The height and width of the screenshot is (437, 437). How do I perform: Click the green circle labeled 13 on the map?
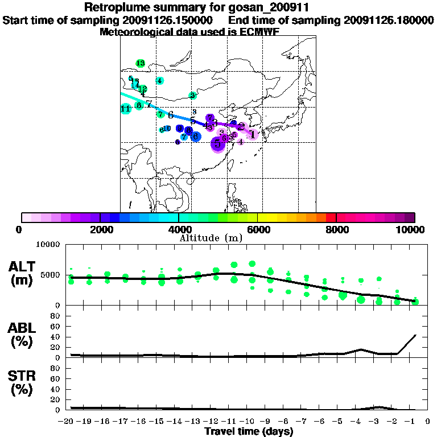(140, 63)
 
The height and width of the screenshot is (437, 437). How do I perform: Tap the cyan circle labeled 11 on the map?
(126, 109)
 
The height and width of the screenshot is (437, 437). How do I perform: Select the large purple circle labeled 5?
(217, 145)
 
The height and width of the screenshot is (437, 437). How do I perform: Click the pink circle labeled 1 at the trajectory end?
(253, 134)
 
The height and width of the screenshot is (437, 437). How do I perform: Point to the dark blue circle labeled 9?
(180, 129)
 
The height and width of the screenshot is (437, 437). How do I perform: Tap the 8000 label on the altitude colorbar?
(336, 229)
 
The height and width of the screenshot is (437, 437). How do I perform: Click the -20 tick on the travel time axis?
(68, 421)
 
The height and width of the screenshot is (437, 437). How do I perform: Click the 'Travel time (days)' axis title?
(249, 431)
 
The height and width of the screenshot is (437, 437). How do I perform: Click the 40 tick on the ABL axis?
(56, 337)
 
